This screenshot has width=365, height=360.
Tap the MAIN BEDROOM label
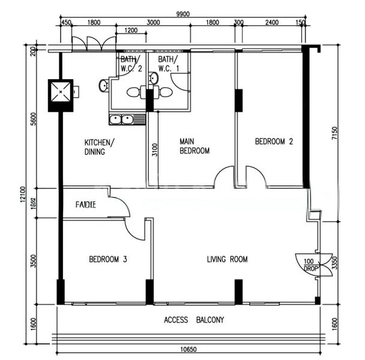coord(195,146)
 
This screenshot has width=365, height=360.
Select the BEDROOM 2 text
coord(274,142)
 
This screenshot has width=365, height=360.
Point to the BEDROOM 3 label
coord(107,260)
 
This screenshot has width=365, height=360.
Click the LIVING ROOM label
coord(227,260)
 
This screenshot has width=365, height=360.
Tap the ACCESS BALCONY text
coord(194,320)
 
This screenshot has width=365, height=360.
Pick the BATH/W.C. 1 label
coord(169,64)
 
